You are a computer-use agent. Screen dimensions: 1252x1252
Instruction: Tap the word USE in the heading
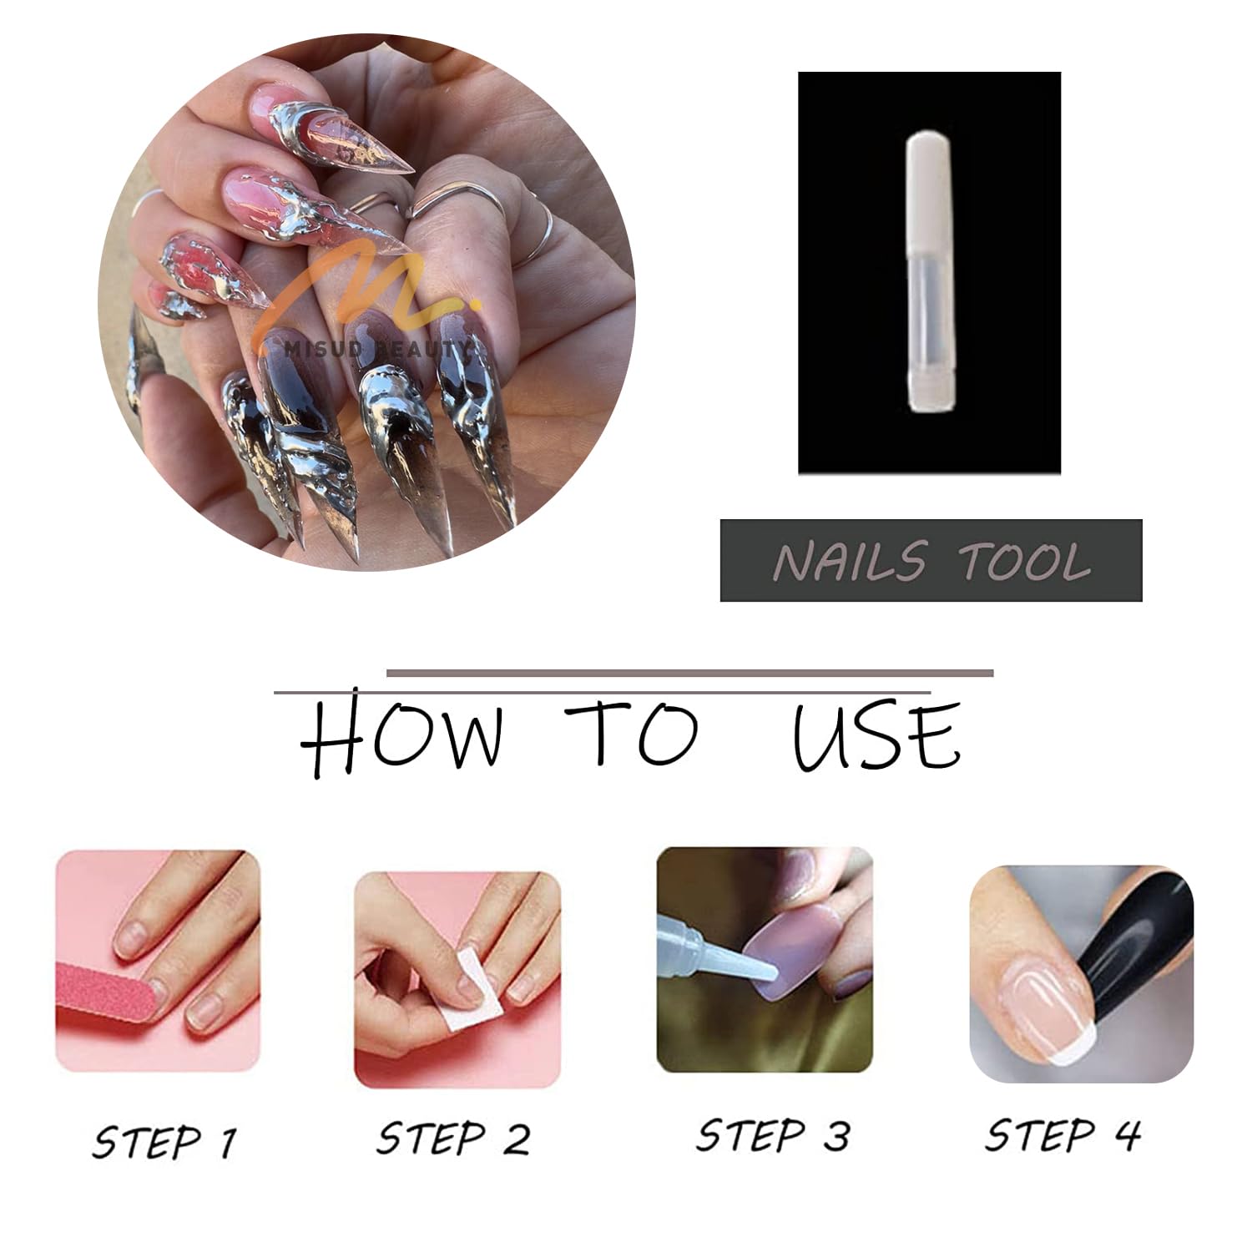click(x=876, y=736)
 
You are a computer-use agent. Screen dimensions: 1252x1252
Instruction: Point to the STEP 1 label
click(x=165, y=1142)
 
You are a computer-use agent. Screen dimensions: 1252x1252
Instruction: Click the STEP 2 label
click(x=453, y=1138)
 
